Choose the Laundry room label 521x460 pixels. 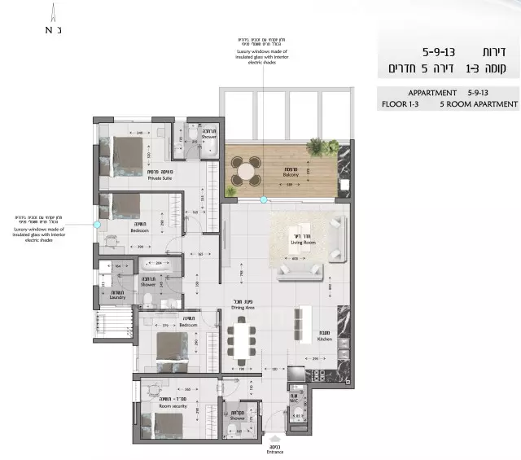(x=118, y=296)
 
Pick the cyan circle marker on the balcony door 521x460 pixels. (x=263, y=199)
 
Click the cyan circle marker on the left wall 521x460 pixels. (x=97, y=224)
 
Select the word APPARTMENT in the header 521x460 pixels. (x=432, y=93)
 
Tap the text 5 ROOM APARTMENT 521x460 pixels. (x=479, y=104)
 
